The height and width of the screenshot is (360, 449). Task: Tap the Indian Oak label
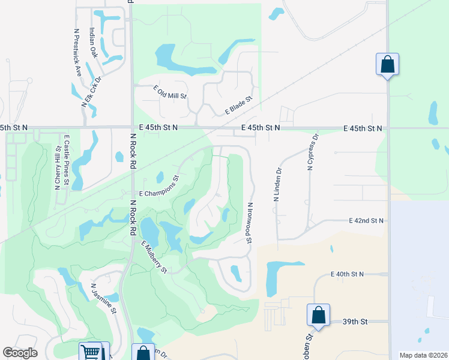[93, 43]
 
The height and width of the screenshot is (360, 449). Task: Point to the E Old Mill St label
[170, 92]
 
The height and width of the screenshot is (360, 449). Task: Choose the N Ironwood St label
[249, 222]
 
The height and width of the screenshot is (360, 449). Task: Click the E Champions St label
[159, 187]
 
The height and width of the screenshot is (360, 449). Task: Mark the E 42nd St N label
[366, 221]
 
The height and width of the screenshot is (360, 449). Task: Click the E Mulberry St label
[154, 257]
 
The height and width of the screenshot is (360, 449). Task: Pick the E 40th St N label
[347, 274]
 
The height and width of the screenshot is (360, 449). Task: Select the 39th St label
[354, 322]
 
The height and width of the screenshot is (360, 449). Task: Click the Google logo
[20, 353]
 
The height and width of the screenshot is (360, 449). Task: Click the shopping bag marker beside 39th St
[318, 315]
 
